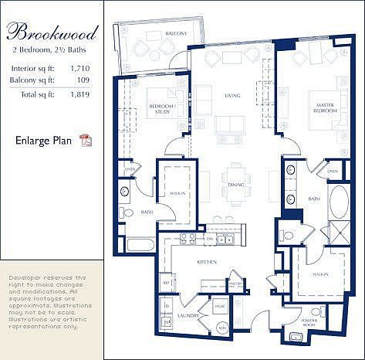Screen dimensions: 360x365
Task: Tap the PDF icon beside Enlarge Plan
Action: click(x=86, y=140)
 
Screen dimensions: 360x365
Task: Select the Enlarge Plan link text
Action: click(x=42, y=140)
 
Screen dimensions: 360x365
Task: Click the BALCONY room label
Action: click(x=154, y=34)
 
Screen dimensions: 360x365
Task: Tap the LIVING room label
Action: click(x=232, y=96)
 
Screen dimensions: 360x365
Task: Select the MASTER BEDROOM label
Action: click(x=324, y=107)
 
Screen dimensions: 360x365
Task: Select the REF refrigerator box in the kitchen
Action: click(x=165, y=284)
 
